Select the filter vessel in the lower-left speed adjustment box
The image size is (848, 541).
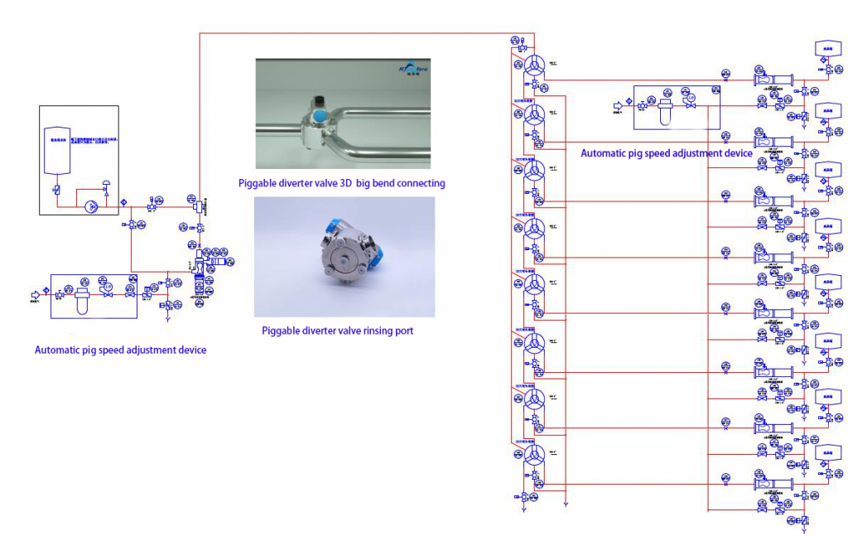[x=81, y=296]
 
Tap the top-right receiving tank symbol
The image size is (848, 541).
[x=827, y=47]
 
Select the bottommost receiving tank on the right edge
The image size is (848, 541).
[x=827, y=454]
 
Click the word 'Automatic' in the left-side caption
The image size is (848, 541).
[x=58, y=350]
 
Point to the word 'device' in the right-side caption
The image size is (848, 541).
[x=738, y=153]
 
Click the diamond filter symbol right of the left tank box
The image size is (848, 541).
[x=123, y=201]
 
